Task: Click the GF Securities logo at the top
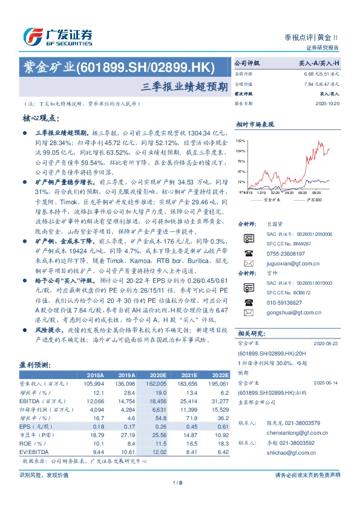(57, 37)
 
